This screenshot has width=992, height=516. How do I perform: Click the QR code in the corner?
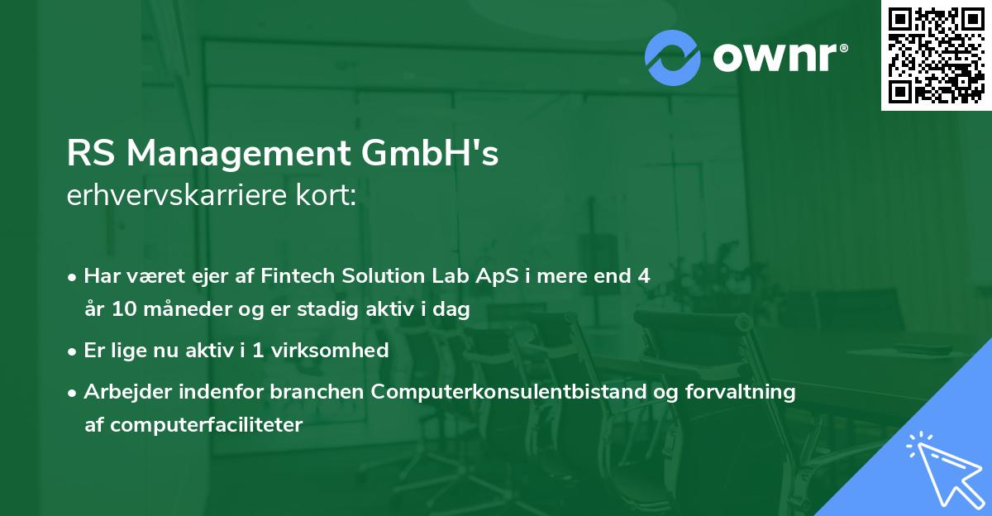936,55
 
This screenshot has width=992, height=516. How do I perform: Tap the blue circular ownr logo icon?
673,57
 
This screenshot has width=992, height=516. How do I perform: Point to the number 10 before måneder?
119,310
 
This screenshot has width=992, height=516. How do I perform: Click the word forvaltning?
739,391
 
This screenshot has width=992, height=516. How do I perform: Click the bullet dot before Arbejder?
73,392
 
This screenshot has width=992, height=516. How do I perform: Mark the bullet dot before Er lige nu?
73,351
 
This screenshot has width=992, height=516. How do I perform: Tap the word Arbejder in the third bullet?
122,391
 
